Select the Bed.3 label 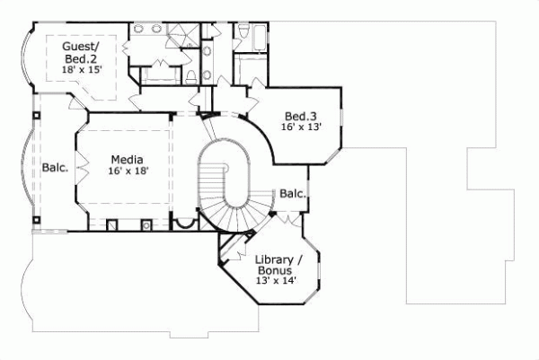click(300, 117)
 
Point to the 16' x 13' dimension click(300, 129)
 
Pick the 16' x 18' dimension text click(127, 170)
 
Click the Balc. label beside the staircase click(292, 193)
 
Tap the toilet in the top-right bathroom click(243, 33)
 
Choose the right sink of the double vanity click(160, 30)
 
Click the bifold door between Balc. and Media click(81, 167)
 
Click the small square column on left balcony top click(36, 115)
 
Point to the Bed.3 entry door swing click(255, 92)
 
